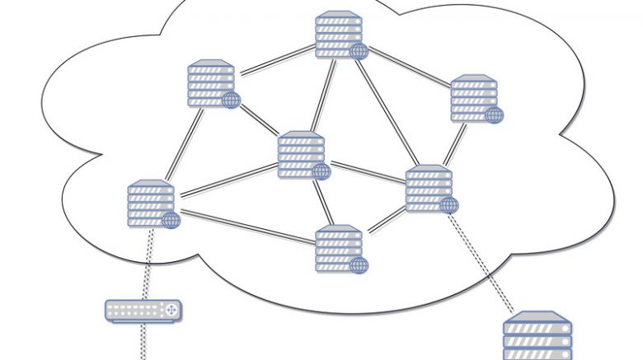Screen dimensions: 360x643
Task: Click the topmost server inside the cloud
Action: [338, 34]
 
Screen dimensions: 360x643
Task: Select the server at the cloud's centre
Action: [301, 153]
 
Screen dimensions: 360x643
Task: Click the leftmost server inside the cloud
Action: [151, 203]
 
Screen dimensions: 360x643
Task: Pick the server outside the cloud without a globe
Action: [537, 337]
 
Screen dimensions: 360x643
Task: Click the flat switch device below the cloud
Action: [142, 311]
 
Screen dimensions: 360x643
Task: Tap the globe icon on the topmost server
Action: [358, 52]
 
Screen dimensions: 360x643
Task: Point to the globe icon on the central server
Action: [321, 171]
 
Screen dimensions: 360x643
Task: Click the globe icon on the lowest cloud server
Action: [358, 265]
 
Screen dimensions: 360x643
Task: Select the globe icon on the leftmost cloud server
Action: [171, 220]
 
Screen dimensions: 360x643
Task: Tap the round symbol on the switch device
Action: [171, 311]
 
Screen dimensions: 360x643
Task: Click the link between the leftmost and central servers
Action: [228, 179]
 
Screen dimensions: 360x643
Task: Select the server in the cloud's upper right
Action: [473, 98]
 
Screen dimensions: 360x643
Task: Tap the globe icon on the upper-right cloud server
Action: [493, 115]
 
